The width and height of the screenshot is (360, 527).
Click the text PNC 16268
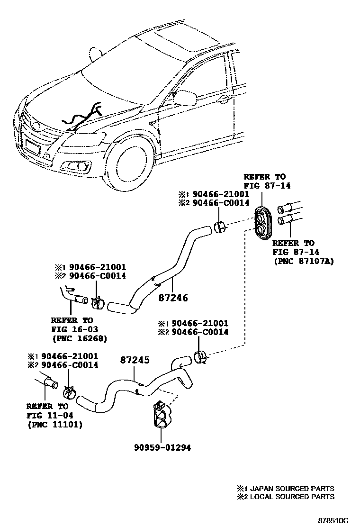[79, 338]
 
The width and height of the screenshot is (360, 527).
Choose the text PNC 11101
[54, 425]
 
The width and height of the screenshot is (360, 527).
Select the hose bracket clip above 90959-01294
[161, 415]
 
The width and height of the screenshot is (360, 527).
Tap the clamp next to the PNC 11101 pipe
[70, 391]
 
